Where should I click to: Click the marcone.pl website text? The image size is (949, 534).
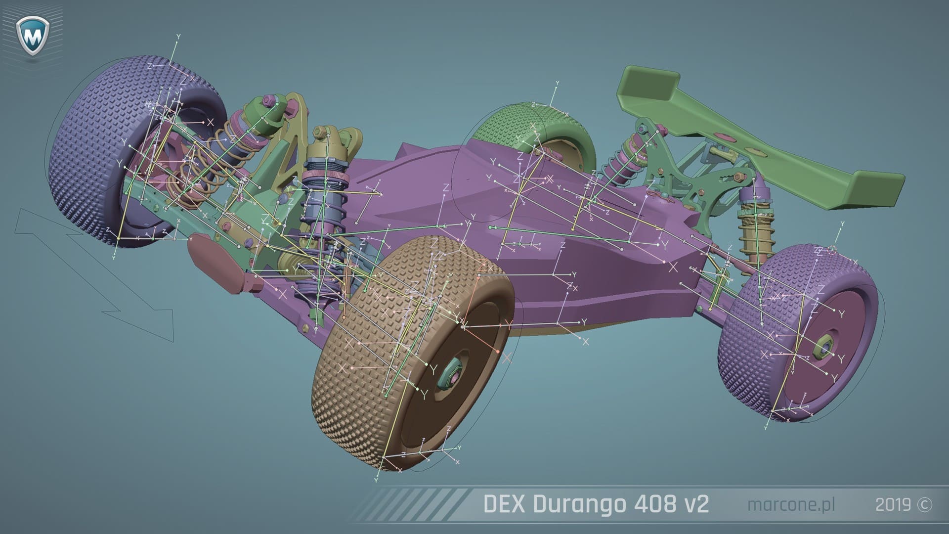[791, 505]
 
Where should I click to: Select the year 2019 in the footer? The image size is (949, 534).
[893, 505]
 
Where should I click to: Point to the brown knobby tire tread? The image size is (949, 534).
[356, 396]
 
